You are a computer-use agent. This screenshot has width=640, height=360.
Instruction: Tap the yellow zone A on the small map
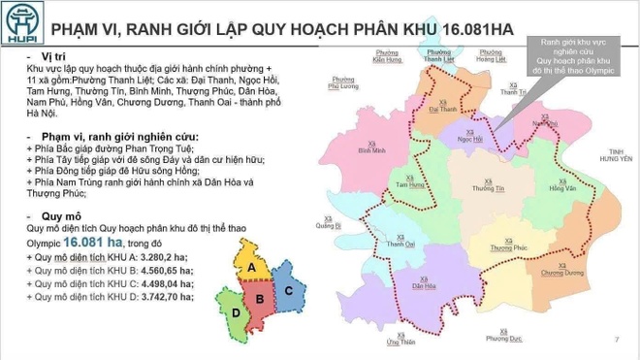[251, 266]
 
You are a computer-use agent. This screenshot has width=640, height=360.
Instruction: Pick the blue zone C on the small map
[288, 288]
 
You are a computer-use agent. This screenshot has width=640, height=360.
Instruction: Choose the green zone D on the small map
[236, 313]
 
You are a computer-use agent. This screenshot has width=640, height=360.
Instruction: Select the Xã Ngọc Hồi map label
[470, 138]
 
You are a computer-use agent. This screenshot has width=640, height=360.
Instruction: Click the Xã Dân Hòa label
[422, 284]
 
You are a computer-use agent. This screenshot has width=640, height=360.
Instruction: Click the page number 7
[617, 340]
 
